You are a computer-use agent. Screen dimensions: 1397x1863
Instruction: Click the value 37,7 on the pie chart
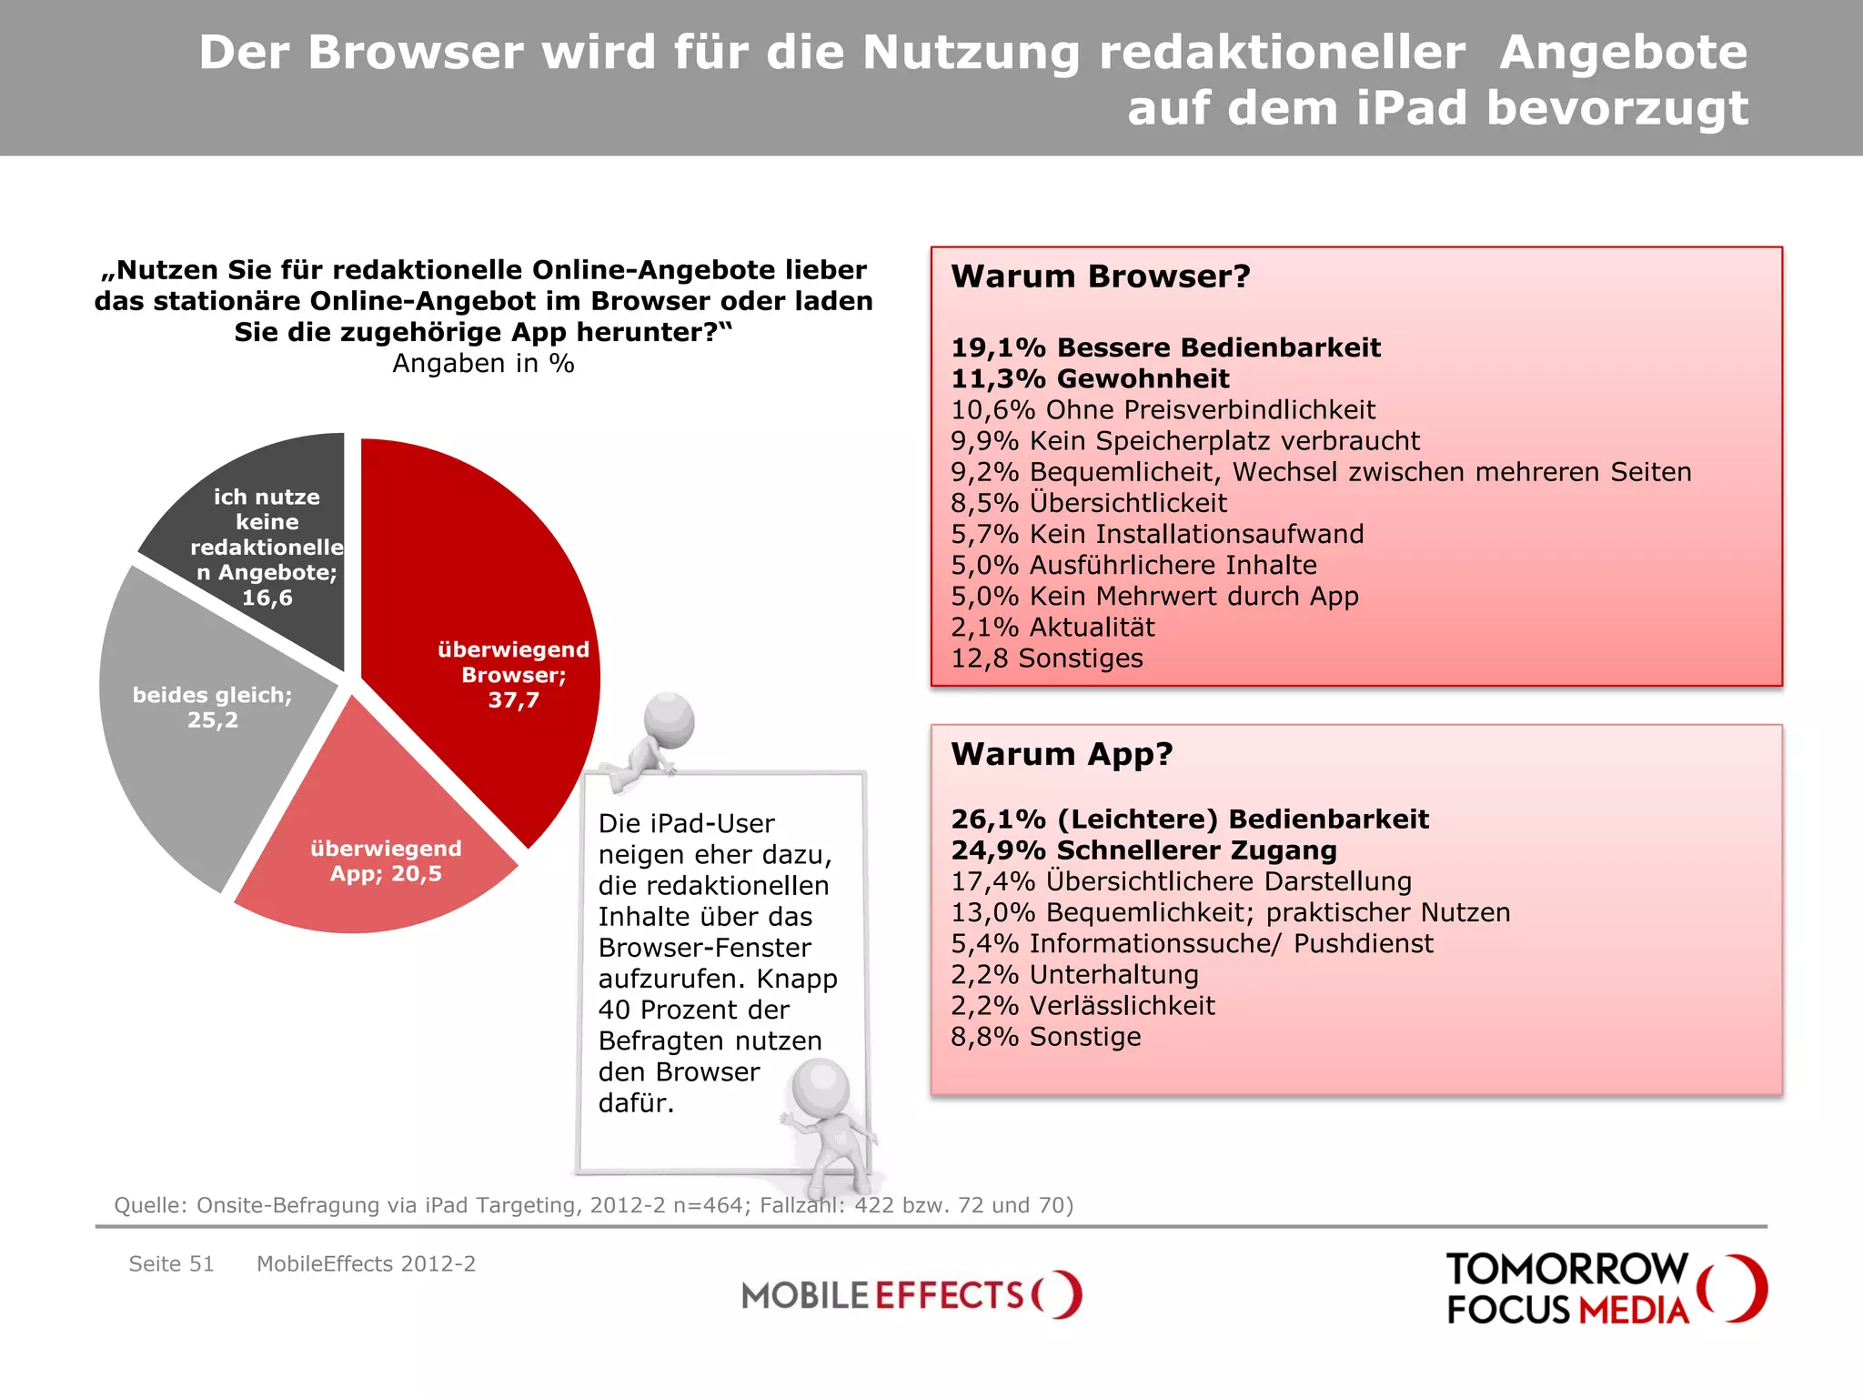(x=513, y=700)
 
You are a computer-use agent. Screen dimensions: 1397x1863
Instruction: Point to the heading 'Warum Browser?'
(x=1100, y=276)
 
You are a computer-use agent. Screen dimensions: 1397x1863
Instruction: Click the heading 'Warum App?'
(x=1062, y=754)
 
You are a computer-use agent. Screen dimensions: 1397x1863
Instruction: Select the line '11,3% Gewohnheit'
(x=1089, y=378)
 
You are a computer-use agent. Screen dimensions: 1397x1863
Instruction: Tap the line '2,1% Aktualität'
(x=1052, y=628)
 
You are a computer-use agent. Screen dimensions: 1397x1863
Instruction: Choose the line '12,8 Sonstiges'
(x=1046, y=658)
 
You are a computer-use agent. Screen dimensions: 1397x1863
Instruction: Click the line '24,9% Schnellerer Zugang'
(x=1143, y=850)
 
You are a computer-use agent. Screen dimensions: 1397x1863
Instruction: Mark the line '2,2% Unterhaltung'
(x=1074, y=975)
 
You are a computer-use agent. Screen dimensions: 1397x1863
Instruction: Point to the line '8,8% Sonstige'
(x=1045, y=1037)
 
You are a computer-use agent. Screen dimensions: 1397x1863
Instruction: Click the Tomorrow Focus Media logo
(x=1605, y=1289)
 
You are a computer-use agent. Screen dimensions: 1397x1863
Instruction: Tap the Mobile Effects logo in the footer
(x=911, y=1294)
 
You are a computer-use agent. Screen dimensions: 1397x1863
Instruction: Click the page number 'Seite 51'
(x=171, y=1264)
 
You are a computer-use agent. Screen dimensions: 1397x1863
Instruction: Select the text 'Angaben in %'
(x=483, y=364)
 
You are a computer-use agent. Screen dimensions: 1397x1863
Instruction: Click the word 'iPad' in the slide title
(x=1411, y=107)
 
